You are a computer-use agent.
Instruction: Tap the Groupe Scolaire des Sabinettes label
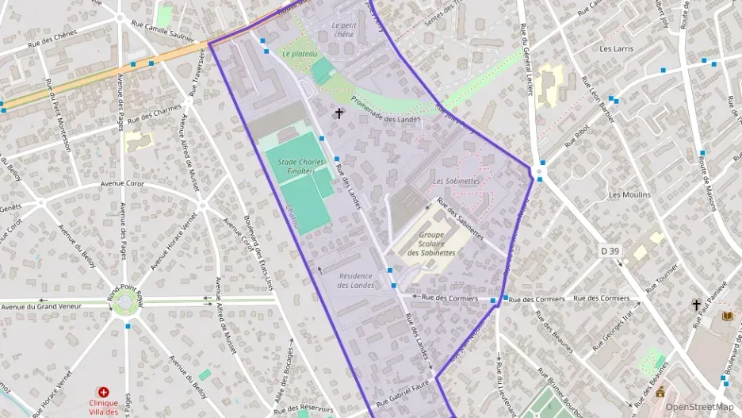tap(431, 244)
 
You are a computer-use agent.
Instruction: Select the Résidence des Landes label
tap(356, 280)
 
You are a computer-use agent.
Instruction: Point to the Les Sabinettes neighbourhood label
tap(457, 181)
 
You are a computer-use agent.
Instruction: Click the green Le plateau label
tap(299, 54)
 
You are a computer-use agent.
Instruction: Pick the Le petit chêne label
tap(343, 29)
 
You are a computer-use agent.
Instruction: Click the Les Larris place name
tap(616, 48)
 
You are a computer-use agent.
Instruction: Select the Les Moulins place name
tap(629, 194)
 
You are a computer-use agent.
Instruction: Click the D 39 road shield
tap(609, 251)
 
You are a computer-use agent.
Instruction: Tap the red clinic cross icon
tap(102, 392)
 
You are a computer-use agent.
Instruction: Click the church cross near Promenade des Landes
tap(339, 113)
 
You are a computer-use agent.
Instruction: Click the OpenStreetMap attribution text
tap(700, 407)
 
